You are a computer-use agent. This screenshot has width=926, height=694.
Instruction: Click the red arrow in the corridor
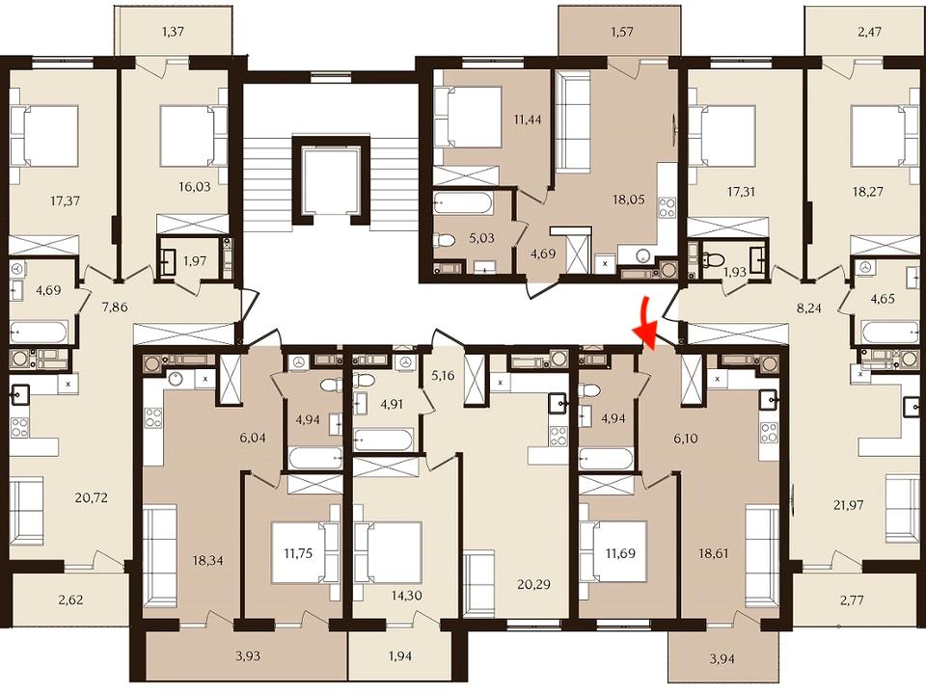(x=645, y=324)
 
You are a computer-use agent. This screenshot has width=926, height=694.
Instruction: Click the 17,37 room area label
(x=65, y=200)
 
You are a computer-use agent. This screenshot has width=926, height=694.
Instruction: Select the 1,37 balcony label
(x=173, y=31)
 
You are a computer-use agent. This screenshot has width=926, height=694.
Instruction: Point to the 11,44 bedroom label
(x=528, y=120)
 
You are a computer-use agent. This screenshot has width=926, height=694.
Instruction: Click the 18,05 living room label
(x=628, y=200)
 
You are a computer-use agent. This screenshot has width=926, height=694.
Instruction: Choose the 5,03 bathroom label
(x=482, y=238)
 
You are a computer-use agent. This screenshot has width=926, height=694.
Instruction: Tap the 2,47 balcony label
(x=870, y=31)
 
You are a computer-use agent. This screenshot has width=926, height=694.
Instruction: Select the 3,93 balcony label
(x=248, y=655)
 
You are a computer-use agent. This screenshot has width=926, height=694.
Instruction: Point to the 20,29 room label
(x=533, y=584)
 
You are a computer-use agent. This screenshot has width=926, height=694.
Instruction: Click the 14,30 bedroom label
(x=407, y=596)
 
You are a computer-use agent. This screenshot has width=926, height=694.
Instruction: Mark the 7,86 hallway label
(x=115, y=307)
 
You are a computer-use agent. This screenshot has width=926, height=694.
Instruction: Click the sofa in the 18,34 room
(x=160, y=552)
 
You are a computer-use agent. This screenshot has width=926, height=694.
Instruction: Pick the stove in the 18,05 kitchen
(x=667, y=208)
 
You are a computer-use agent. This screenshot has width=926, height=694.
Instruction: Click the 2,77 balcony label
(x=851, y=601)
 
